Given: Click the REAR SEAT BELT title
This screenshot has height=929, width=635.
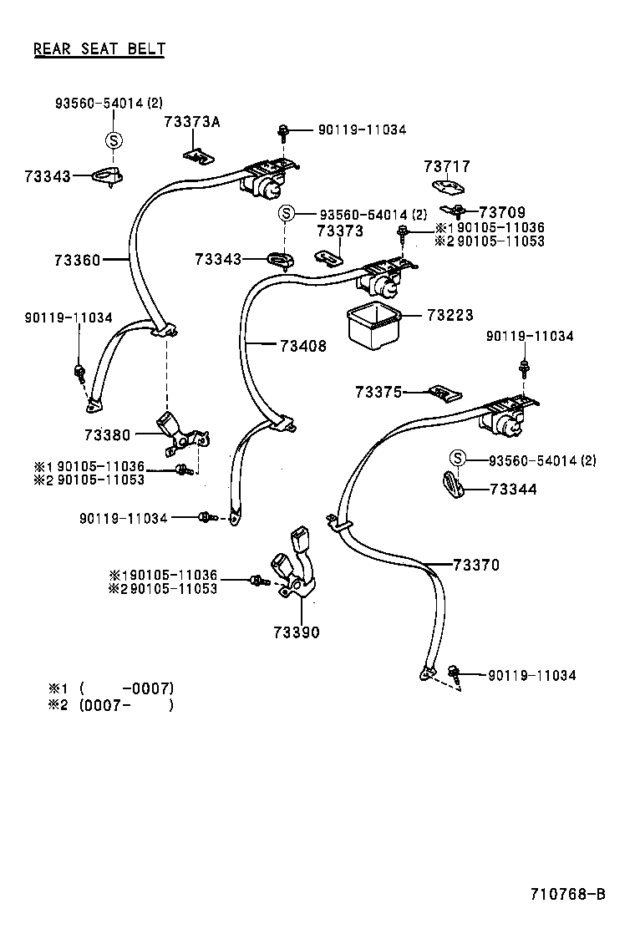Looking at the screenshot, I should click(99, 48).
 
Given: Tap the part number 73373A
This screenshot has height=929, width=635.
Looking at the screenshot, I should click(192, 122).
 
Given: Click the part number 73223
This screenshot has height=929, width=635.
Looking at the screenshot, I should click(450, 315).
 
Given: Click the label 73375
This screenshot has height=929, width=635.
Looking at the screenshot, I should click(378, 392).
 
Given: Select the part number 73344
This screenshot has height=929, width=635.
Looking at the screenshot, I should click(513, 490).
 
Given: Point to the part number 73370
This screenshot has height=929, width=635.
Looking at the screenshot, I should click(476, 566).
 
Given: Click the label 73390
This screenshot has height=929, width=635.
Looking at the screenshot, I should click(296, 632).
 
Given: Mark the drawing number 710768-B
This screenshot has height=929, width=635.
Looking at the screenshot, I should click(567, 894).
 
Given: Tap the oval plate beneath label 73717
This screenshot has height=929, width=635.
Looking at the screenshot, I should click(447, 187).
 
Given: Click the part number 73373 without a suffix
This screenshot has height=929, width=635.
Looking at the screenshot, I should click(340, 231).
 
